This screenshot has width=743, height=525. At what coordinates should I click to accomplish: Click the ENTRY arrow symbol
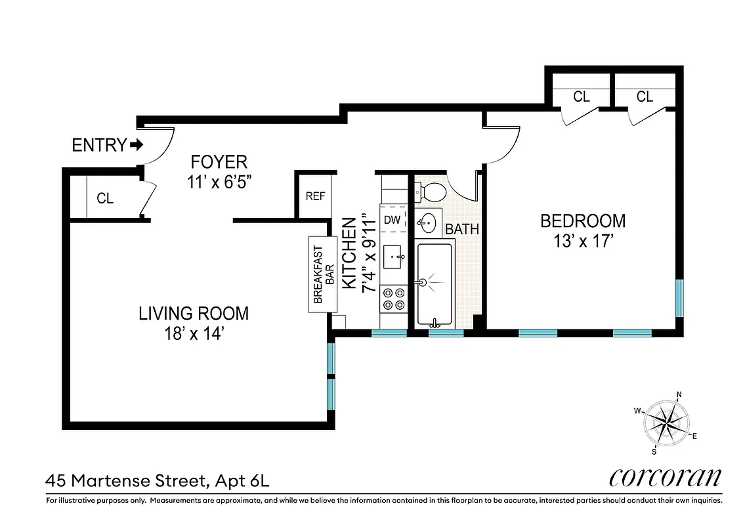(x=137, y=144)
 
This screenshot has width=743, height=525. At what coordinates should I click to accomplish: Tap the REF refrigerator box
(x=312, y=196)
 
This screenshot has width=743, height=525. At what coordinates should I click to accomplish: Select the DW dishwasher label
(x=392, y=220)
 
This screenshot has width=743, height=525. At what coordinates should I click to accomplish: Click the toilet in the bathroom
(x=431, y=192)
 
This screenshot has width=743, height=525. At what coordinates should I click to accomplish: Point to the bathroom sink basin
(x=427, y=223)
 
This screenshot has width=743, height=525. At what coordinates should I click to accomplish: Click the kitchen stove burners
(x=393, y=299)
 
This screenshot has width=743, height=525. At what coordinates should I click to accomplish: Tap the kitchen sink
(x=394, y=257)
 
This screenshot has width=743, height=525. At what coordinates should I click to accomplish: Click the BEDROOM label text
(x=582, y=221)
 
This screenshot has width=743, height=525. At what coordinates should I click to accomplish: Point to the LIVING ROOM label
(x=194, y=313)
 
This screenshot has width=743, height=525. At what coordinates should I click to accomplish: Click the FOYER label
(x=219, y=161)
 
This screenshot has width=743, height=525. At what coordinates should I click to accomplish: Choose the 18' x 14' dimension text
(x=196, y=333)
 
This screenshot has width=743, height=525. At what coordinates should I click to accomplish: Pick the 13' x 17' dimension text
(x=582, y=241)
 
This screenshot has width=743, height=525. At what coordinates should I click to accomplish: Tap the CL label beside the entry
(x=105, y=198)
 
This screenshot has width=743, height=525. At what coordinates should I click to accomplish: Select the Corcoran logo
(x=665, y=478)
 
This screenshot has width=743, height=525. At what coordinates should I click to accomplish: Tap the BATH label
(x=462, y=230)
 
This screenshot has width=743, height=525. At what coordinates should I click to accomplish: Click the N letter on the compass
(x=679, y=395)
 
